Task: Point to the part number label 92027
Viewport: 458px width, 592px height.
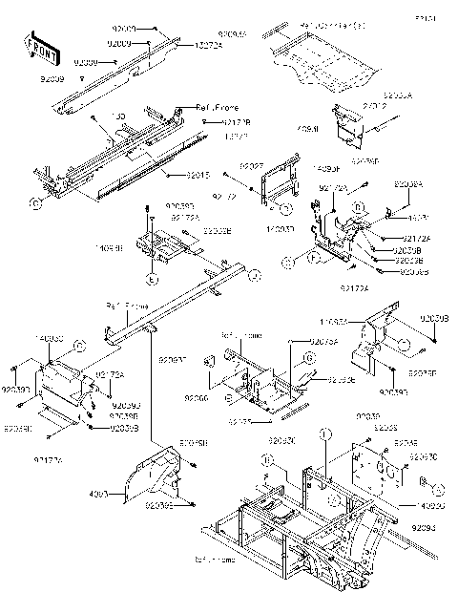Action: [x=251, y=166]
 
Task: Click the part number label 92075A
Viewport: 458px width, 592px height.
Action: [x=323, y=341]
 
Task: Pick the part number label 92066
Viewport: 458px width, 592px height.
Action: [x=198, y=396]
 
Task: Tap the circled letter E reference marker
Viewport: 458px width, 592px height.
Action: [x=150, y=280]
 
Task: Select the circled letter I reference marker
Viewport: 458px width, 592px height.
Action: [x=323, y=433]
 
